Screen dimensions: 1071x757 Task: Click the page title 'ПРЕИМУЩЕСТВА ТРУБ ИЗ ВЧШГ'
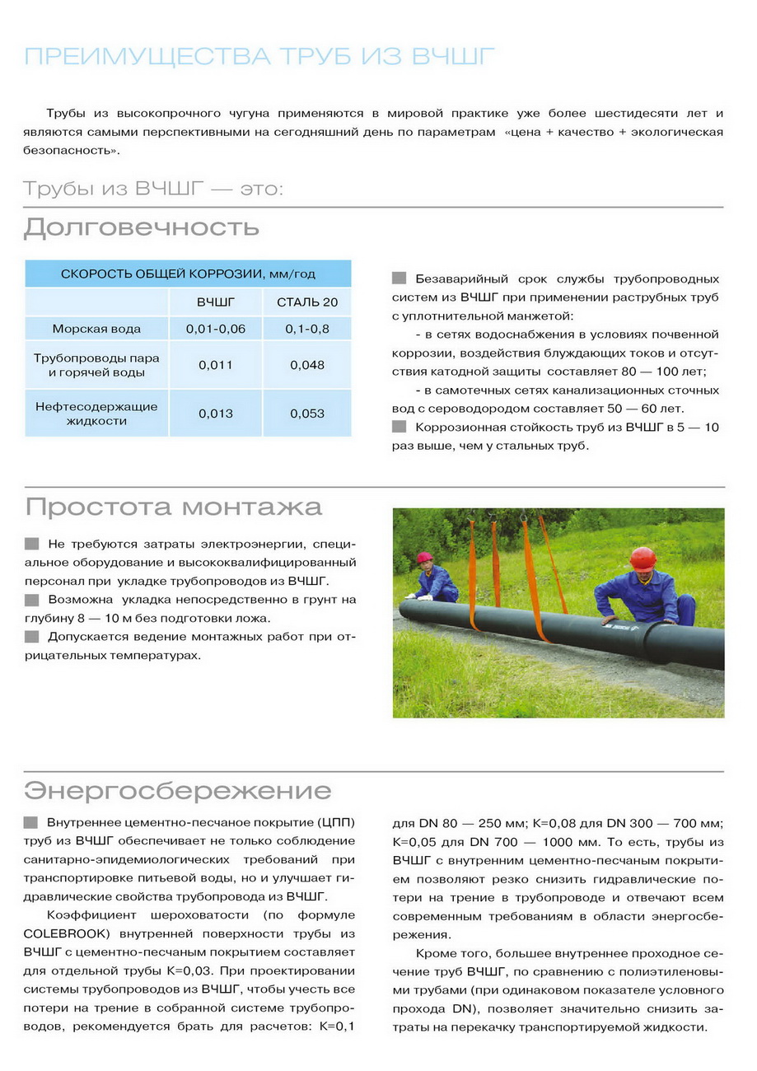pyautogui.click(x=259, y=57)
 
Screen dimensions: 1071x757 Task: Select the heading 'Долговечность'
pyautogui.click(x=142, y=227)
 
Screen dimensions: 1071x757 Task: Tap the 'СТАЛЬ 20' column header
pyautogui.click(x=307, y=302)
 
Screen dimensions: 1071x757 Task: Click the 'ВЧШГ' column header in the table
pyautogui.click(x=215, y=302)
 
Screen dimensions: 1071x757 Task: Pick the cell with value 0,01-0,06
pyautogui.click(x=215, y=329)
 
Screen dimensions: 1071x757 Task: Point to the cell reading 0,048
pyautogui.click(x=307, y=365)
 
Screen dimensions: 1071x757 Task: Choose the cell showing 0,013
pyautogui.click(x=215, y=414)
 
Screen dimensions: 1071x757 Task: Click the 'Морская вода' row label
pyautogui.click(x=96, y=329)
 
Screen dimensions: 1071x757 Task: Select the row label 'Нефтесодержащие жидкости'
pyautogui.click(x=96, y=414)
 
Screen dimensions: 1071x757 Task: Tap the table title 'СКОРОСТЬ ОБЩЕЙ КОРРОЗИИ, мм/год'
pyautogui.click(x=189, y=274)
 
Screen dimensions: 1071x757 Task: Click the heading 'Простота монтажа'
pyautogui.click(x=173, y=506)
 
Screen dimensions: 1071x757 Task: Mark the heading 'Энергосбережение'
pyautogui.click(x=178, y=791)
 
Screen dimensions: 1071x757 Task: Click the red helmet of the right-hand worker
pyautogui.click(x=643, y=558)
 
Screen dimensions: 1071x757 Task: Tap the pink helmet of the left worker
pyautogui.click(x=425, y=558)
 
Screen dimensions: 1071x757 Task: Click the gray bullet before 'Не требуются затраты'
pyautogui.click(x=31, y=544)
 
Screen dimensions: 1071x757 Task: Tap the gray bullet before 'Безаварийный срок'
pyautogui.click(x=400, y=278)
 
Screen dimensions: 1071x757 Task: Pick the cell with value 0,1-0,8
pyautogui.click(x=307, y=329)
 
